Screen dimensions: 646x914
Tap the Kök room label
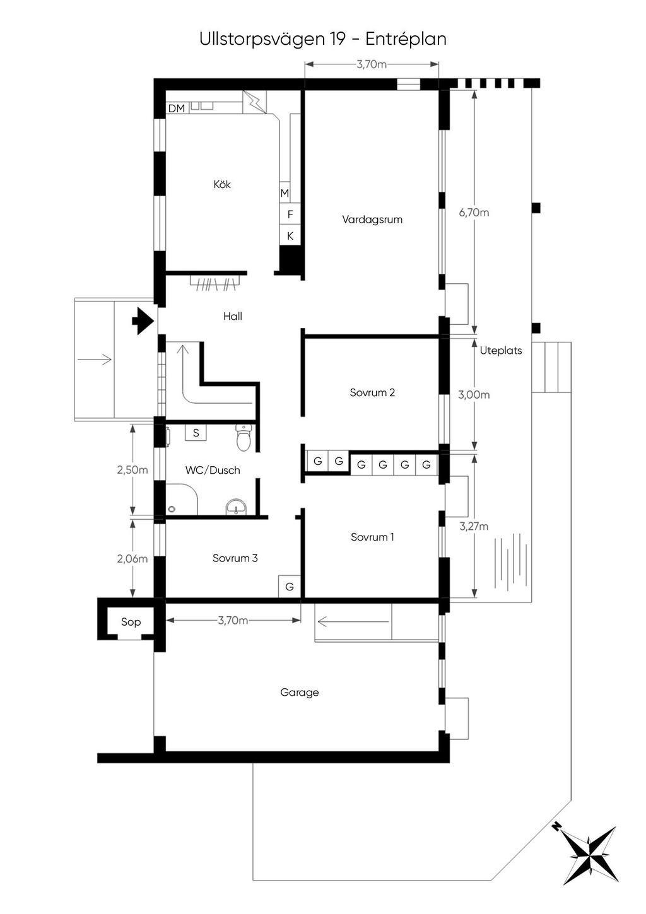(222, 184)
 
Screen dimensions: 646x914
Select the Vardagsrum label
(372, 220)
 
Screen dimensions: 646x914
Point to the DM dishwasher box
(177, 108)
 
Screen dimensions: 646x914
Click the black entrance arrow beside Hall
(143, 320)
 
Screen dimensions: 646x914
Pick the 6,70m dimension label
(474, 213)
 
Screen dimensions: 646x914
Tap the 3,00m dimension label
(474, 395)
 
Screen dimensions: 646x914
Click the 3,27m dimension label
(474, 526)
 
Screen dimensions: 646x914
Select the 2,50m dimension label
(132, 470)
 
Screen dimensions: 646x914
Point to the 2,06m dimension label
(132, 559)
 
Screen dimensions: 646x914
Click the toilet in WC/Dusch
(244, 437)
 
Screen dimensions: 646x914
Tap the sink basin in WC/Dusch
(237, 507)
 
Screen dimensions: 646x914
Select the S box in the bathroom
(196, 433)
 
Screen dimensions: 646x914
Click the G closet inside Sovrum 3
(290, 587)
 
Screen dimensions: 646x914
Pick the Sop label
(131, 622)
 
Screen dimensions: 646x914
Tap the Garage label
(300, 693)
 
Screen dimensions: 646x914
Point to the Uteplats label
(501, 351)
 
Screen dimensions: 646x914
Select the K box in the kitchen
(290, 236)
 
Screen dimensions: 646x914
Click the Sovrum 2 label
(372, 392)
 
